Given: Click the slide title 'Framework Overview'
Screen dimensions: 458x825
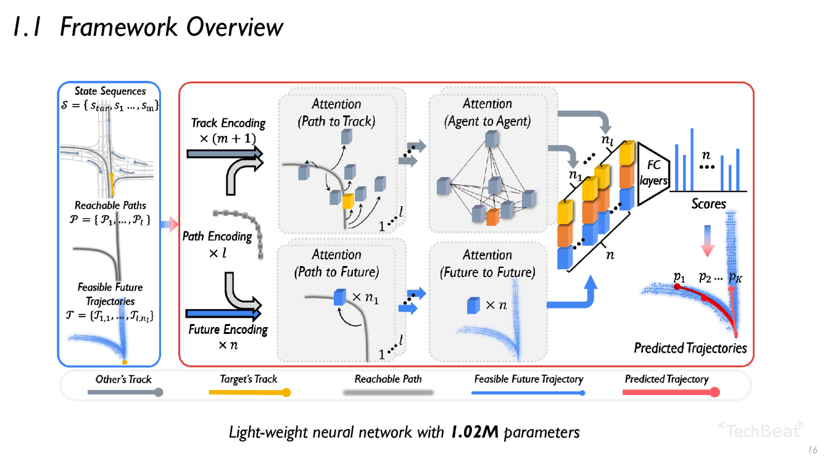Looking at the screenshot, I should [x=172, y=28].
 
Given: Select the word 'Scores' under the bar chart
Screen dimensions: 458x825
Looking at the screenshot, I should [x=708, y=203].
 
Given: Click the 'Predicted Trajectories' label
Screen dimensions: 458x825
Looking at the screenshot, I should [x=690, y=348].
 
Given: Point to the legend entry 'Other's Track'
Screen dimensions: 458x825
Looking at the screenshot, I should [x=123, y=379].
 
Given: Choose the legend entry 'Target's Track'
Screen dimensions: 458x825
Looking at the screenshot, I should [x=249, y=379].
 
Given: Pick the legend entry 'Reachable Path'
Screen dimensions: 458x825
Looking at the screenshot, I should [x=388, y=379].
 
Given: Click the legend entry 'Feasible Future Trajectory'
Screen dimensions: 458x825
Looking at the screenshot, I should [x=528, y=379].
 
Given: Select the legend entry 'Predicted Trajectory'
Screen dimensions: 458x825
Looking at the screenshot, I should [x=666, y=379].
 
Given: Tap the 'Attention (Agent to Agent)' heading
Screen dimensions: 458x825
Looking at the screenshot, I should [x=487, y=112].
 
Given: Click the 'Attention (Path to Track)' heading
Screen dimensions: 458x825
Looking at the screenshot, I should [x=336, y=112].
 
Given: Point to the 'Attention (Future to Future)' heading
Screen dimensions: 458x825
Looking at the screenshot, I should [x=487, y=263].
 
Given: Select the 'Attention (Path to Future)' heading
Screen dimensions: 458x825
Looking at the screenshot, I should [x=336, y=263].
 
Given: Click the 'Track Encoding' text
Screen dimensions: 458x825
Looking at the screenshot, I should [x=228, y=123].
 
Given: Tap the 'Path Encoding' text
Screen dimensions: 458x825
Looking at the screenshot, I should [x=217, y=236].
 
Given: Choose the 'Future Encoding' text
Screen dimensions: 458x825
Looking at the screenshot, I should [x=228, y=330].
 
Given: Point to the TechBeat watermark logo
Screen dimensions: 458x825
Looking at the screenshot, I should [x=762, y=429].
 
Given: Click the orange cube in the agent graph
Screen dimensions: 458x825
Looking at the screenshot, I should [x=492, y=217].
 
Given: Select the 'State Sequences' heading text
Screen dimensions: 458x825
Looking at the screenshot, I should [x=110, y=91].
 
